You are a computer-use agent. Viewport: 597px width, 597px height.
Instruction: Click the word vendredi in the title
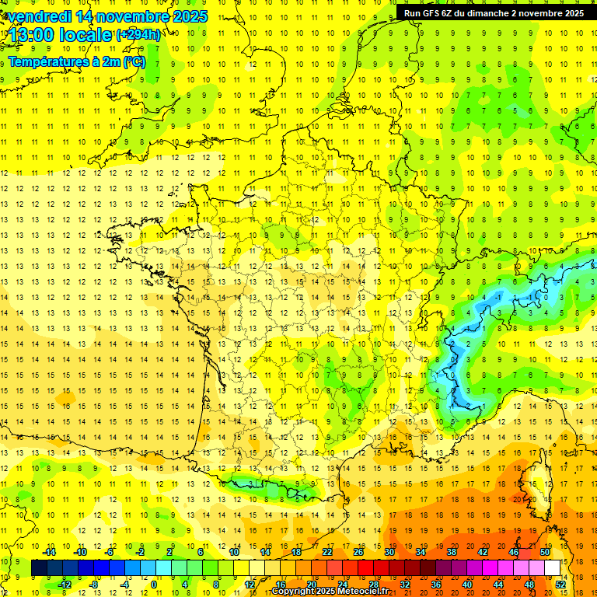point(43,16)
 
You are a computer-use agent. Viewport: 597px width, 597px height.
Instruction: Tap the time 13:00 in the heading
point(35,35)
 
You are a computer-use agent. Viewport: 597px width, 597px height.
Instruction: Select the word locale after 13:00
point(89,35)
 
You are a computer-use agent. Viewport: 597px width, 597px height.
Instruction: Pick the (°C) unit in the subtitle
point(134,61)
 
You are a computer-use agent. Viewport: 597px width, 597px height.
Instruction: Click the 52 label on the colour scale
point(560,585)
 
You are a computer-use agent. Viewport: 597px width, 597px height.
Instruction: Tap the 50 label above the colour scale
point(544,552)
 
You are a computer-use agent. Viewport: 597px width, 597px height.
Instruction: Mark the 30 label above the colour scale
point(389,552)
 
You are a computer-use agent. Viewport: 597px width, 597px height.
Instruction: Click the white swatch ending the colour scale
point(552,568)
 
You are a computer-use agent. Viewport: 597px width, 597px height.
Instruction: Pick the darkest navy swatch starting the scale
point(39,568)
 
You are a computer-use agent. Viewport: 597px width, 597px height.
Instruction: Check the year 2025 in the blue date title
point(190,16)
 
